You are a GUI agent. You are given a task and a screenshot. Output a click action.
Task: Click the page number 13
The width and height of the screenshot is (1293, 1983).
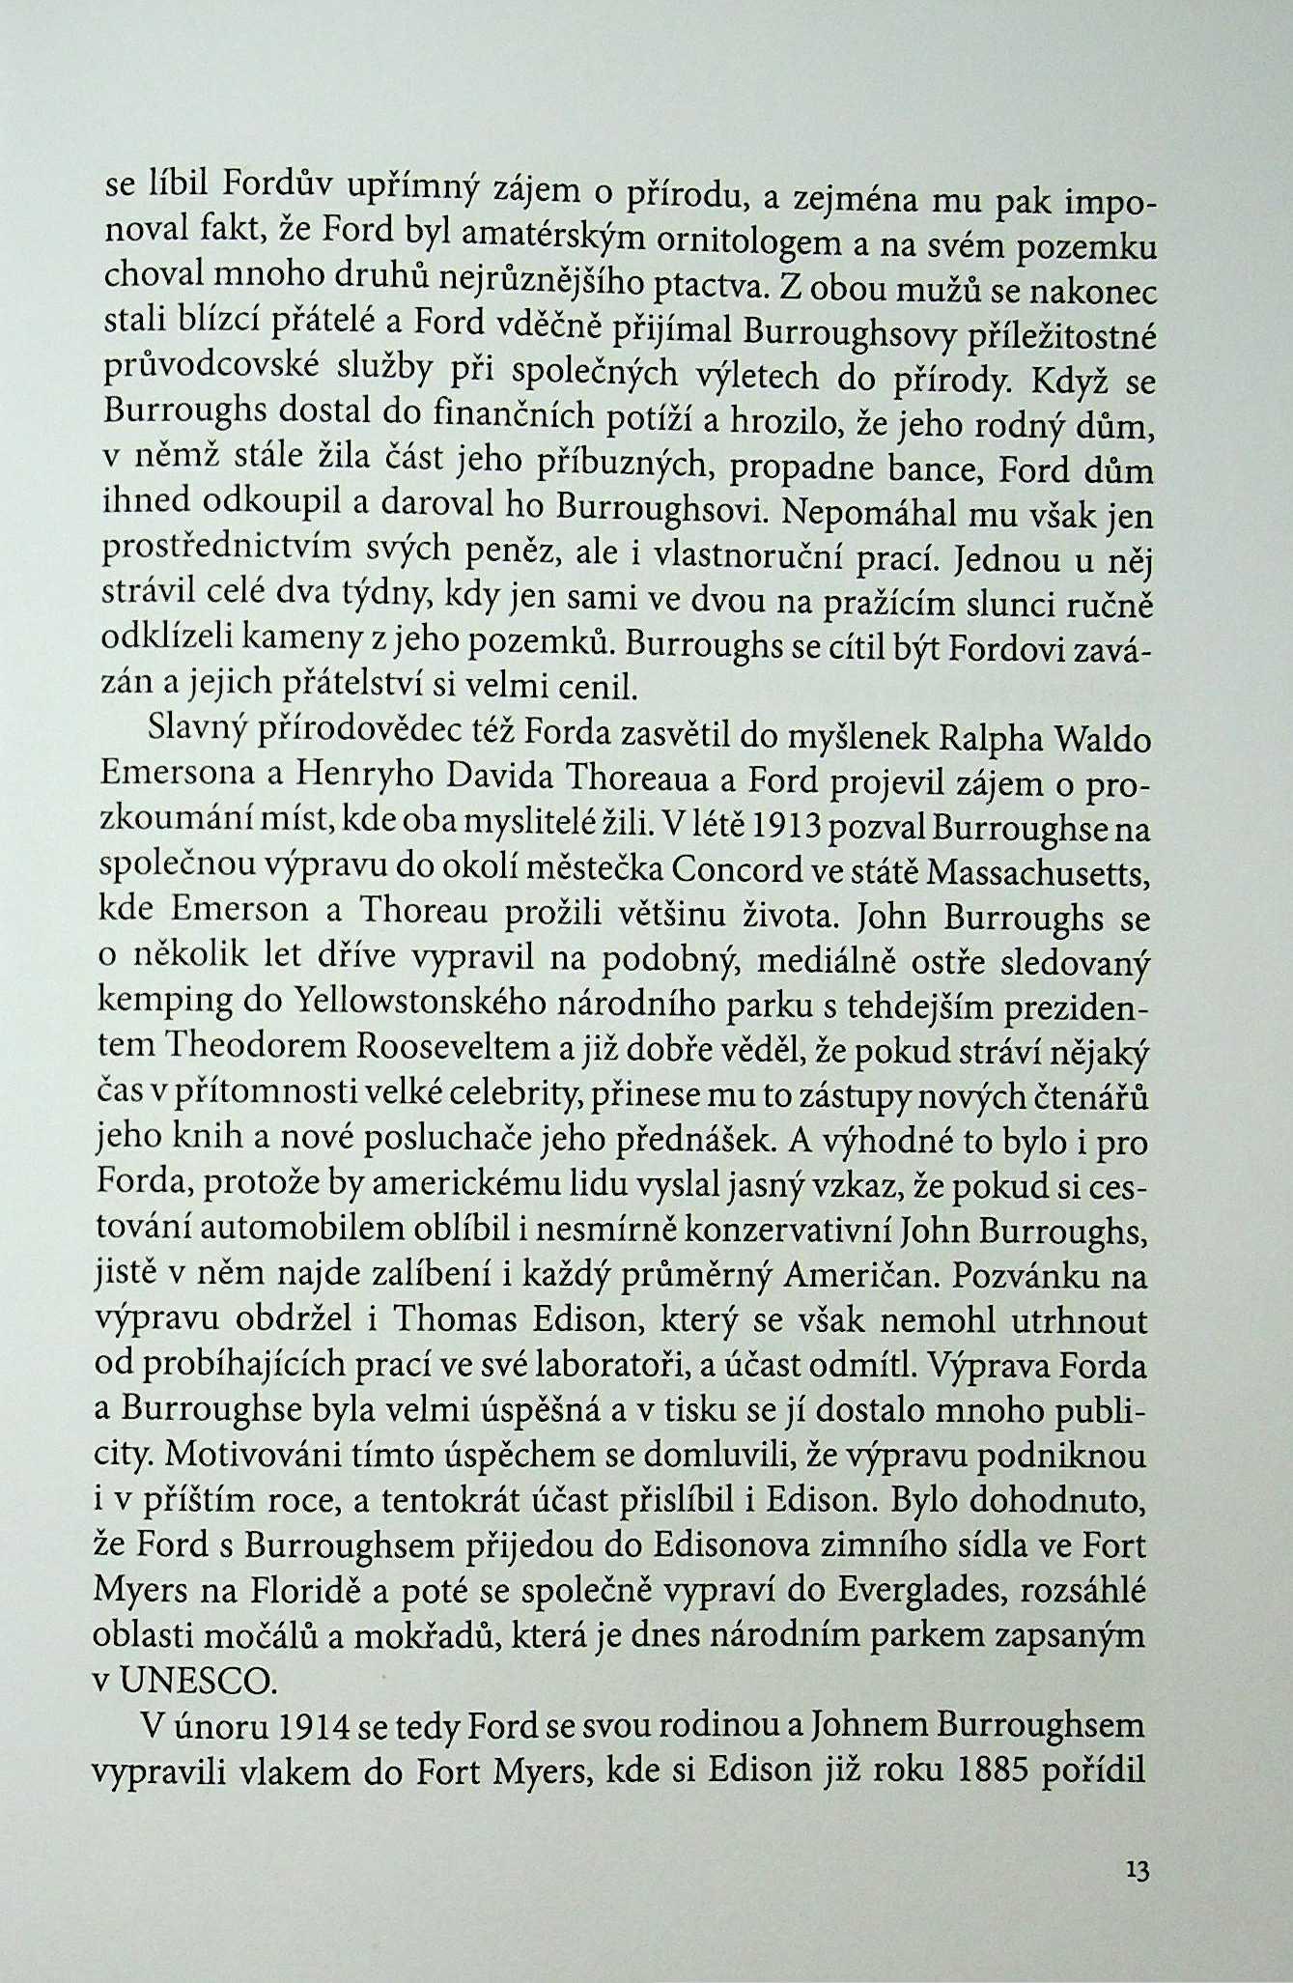1138,1871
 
